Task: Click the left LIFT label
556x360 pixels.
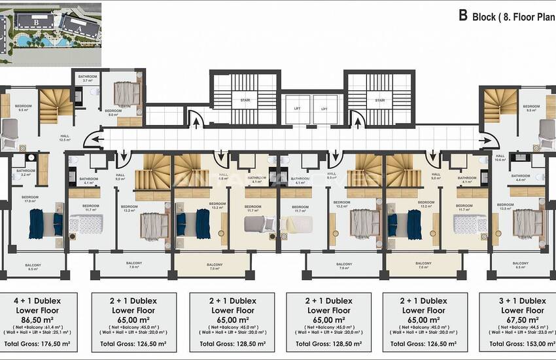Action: point(296,109)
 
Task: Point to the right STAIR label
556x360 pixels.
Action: point(379,101)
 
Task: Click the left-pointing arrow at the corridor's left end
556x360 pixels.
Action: point(96,138)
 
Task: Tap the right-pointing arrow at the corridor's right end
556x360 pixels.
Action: point(485,138)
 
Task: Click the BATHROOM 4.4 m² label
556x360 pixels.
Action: point(521,177)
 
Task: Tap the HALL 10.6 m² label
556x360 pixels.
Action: point(501,158)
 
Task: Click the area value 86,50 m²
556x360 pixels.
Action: point(37,320)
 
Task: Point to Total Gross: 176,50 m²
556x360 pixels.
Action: point(37,343)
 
